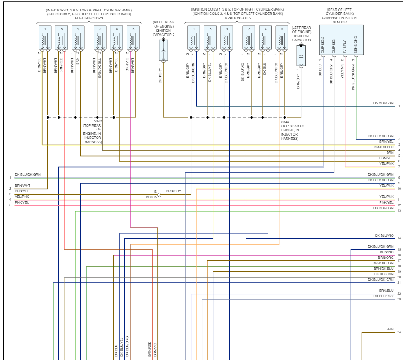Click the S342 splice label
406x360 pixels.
(x=98, y=122)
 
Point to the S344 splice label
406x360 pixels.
(x=285, y=122)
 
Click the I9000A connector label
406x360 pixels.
(x=151, y=197)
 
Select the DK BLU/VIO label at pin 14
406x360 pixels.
(x=384, y=235)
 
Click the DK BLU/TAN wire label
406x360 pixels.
(x=384, y=274)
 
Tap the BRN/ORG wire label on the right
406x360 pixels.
(x=386, y=258)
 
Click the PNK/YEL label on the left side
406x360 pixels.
(x=22, y=202)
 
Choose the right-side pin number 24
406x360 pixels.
(x=399, y=332)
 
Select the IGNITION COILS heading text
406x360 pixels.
(x=238, y=18)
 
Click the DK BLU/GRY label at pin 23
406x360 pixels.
(x=384, y=296)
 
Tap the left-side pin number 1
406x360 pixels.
(x=10, y=178)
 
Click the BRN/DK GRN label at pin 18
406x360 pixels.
(x=383, y=263)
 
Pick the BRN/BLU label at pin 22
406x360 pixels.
(x=387, y=291)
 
